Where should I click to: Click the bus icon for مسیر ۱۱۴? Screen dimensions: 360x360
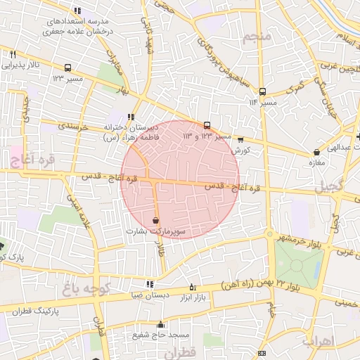tap(262, 91)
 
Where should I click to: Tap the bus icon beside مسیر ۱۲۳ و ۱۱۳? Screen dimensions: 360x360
tap(207, 125)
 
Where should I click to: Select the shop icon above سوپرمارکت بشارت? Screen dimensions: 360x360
tap(155, 220)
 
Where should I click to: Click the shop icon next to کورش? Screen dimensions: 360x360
tap(241, 140)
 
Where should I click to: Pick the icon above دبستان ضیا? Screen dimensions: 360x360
tap(149, 284)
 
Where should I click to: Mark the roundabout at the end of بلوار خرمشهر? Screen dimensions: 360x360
tap(269, 234)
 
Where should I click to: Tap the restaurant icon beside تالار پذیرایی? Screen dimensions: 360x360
tap(13, 53)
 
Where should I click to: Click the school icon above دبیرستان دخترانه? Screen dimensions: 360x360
tap(130, 117)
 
